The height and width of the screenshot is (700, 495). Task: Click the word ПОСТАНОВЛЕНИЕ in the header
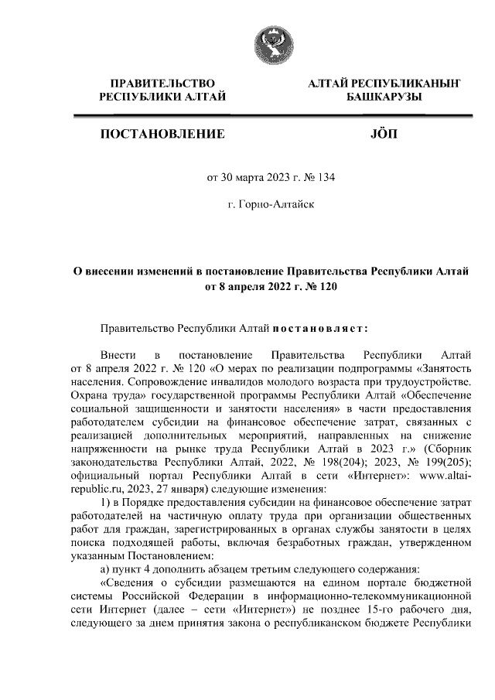tap(162, 134)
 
